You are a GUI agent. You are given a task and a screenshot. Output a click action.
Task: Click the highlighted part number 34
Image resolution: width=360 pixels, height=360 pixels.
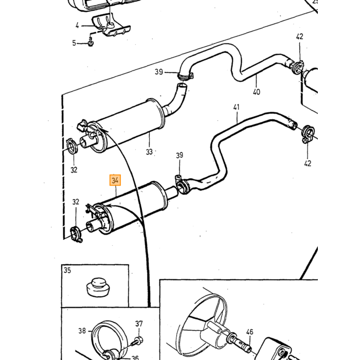click(x=115, y=180)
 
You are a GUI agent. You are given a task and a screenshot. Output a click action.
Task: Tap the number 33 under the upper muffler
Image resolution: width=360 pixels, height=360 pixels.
click(x=149, y=152)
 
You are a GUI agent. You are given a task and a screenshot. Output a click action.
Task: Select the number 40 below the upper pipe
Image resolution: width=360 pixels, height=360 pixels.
click(x=257, y=92)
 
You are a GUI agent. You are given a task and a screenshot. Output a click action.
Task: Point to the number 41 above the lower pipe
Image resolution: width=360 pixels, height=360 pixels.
click(x=236, y=107)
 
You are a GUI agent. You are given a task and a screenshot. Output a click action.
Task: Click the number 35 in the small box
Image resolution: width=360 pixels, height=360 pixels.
click(x=67, y=270)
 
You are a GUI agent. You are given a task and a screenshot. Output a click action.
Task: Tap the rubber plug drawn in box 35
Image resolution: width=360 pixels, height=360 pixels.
click(x=98, y=287)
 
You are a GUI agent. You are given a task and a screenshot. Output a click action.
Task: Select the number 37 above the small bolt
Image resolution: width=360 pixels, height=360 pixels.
click(x=139, y=323)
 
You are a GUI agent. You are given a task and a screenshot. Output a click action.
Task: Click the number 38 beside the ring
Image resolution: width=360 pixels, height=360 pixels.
click(x=82, y=331)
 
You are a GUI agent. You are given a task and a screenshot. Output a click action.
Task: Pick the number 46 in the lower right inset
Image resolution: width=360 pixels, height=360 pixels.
click(x=249, y=332)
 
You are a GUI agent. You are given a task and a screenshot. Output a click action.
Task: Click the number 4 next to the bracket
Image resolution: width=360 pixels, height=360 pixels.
click(x=77, y=26)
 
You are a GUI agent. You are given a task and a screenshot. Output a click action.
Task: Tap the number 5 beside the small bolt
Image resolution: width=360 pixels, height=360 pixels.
click(x=74, y=43)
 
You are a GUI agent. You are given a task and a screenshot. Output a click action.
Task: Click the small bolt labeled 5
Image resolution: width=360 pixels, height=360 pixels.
click(x=91, y=42)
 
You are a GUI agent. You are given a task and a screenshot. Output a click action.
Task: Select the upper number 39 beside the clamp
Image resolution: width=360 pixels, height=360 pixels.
click(x=158, y=72)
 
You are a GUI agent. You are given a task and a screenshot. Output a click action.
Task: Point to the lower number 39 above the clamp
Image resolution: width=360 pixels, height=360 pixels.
click(x=179, y=155)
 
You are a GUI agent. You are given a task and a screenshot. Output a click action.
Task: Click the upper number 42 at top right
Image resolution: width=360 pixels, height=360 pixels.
click(x=300, y=37)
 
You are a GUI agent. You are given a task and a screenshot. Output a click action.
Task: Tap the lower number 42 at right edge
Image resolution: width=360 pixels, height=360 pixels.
click(x=308, y=164)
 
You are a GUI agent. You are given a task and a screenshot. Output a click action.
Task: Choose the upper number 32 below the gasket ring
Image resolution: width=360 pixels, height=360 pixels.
click(x=74, y=170)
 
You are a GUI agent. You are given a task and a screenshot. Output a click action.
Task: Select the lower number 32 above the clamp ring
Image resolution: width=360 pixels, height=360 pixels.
click(x=76, y=202)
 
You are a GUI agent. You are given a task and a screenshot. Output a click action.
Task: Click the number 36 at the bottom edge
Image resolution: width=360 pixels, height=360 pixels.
click(x=135, y=357)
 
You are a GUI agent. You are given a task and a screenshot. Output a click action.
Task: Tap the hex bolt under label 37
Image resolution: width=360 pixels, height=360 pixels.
click(x=137, y=340)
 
